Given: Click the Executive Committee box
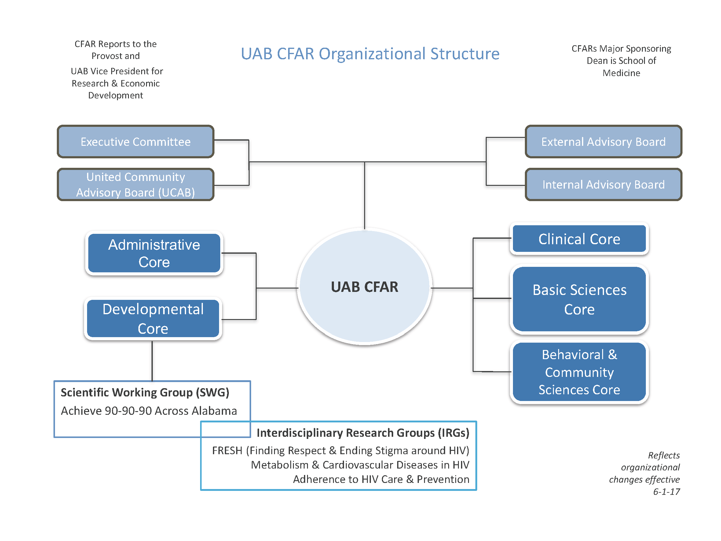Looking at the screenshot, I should click(x=136, y=142).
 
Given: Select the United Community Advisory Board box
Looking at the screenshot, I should click(x=136, y=185).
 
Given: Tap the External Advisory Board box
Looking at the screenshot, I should click(x=603, y=142).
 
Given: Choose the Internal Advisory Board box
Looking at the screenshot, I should click(x=603, y=185).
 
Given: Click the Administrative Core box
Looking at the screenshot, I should click(x=154, y=253).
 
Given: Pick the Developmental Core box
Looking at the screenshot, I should click(x=153, y=319).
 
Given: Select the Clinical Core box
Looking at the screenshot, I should click(x=579, y=239).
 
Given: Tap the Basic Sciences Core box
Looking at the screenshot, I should click(x=579, y=299).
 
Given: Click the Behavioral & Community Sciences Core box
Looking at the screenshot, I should click(x=579, y=372).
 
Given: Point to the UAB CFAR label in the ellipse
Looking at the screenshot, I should click(x=364, y=287).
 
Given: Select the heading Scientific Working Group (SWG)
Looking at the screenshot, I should click(x=145, y=392).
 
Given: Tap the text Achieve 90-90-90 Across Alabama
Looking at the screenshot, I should click(x=149, y=411).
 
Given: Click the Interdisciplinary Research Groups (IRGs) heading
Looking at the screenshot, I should click(x=363, y=433).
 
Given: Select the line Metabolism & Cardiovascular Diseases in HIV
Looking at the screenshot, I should click(x=360, y=465).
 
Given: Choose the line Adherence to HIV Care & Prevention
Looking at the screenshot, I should click(x=381, y=479).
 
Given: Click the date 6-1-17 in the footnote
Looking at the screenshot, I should click(x=666, y=492).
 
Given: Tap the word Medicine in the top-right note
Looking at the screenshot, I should click(x=621, y=73).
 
